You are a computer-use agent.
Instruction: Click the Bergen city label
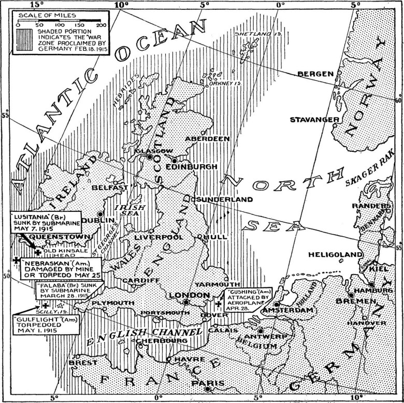315,74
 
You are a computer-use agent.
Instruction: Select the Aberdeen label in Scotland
207,139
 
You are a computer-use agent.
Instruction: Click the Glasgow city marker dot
150,157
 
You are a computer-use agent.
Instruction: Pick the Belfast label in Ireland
110,187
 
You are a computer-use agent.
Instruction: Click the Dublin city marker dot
100,213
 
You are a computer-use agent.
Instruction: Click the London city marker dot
186,301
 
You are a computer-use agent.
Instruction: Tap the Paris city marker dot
207,388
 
